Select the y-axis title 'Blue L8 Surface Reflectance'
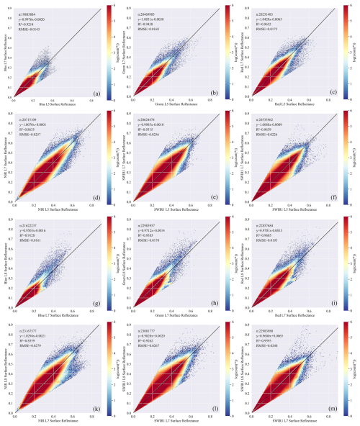click(5, 264)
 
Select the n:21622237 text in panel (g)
click(31, 222)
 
